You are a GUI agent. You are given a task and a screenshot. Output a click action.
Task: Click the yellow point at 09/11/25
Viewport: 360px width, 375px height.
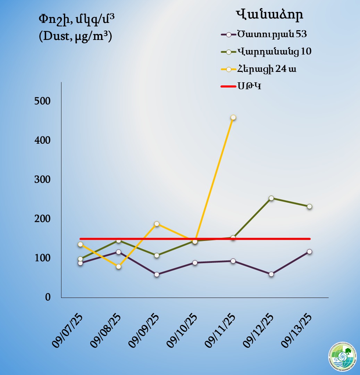point(233,117)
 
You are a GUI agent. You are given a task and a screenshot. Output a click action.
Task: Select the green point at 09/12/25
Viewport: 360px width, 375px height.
point(271,198)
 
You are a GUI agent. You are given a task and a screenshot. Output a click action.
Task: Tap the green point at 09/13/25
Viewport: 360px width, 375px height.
point(309,206)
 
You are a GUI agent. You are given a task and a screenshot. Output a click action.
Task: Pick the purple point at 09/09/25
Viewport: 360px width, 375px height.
point(157,274)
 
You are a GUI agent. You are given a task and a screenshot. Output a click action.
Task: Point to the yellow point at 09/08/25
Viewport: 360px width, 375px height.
point(118,267)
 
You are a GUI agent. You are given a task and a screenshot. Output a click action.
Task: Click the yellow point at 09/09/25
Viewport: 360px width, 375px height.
point(157,224)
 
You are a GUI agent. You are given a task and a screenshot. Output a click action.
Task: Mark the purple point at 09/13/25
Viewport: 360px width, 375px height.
point(309,251)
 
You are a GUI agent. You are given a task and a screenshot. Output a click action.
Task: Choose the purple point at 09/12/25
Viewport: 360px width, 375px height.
point(271,274)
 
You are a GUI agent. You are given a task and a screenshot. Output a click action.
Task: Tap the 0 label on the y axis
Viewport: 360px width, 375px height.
point(48,298)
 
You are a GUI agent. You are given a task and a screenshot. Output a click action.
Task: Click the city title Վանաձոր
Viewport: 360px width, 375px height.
point(269,15)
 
